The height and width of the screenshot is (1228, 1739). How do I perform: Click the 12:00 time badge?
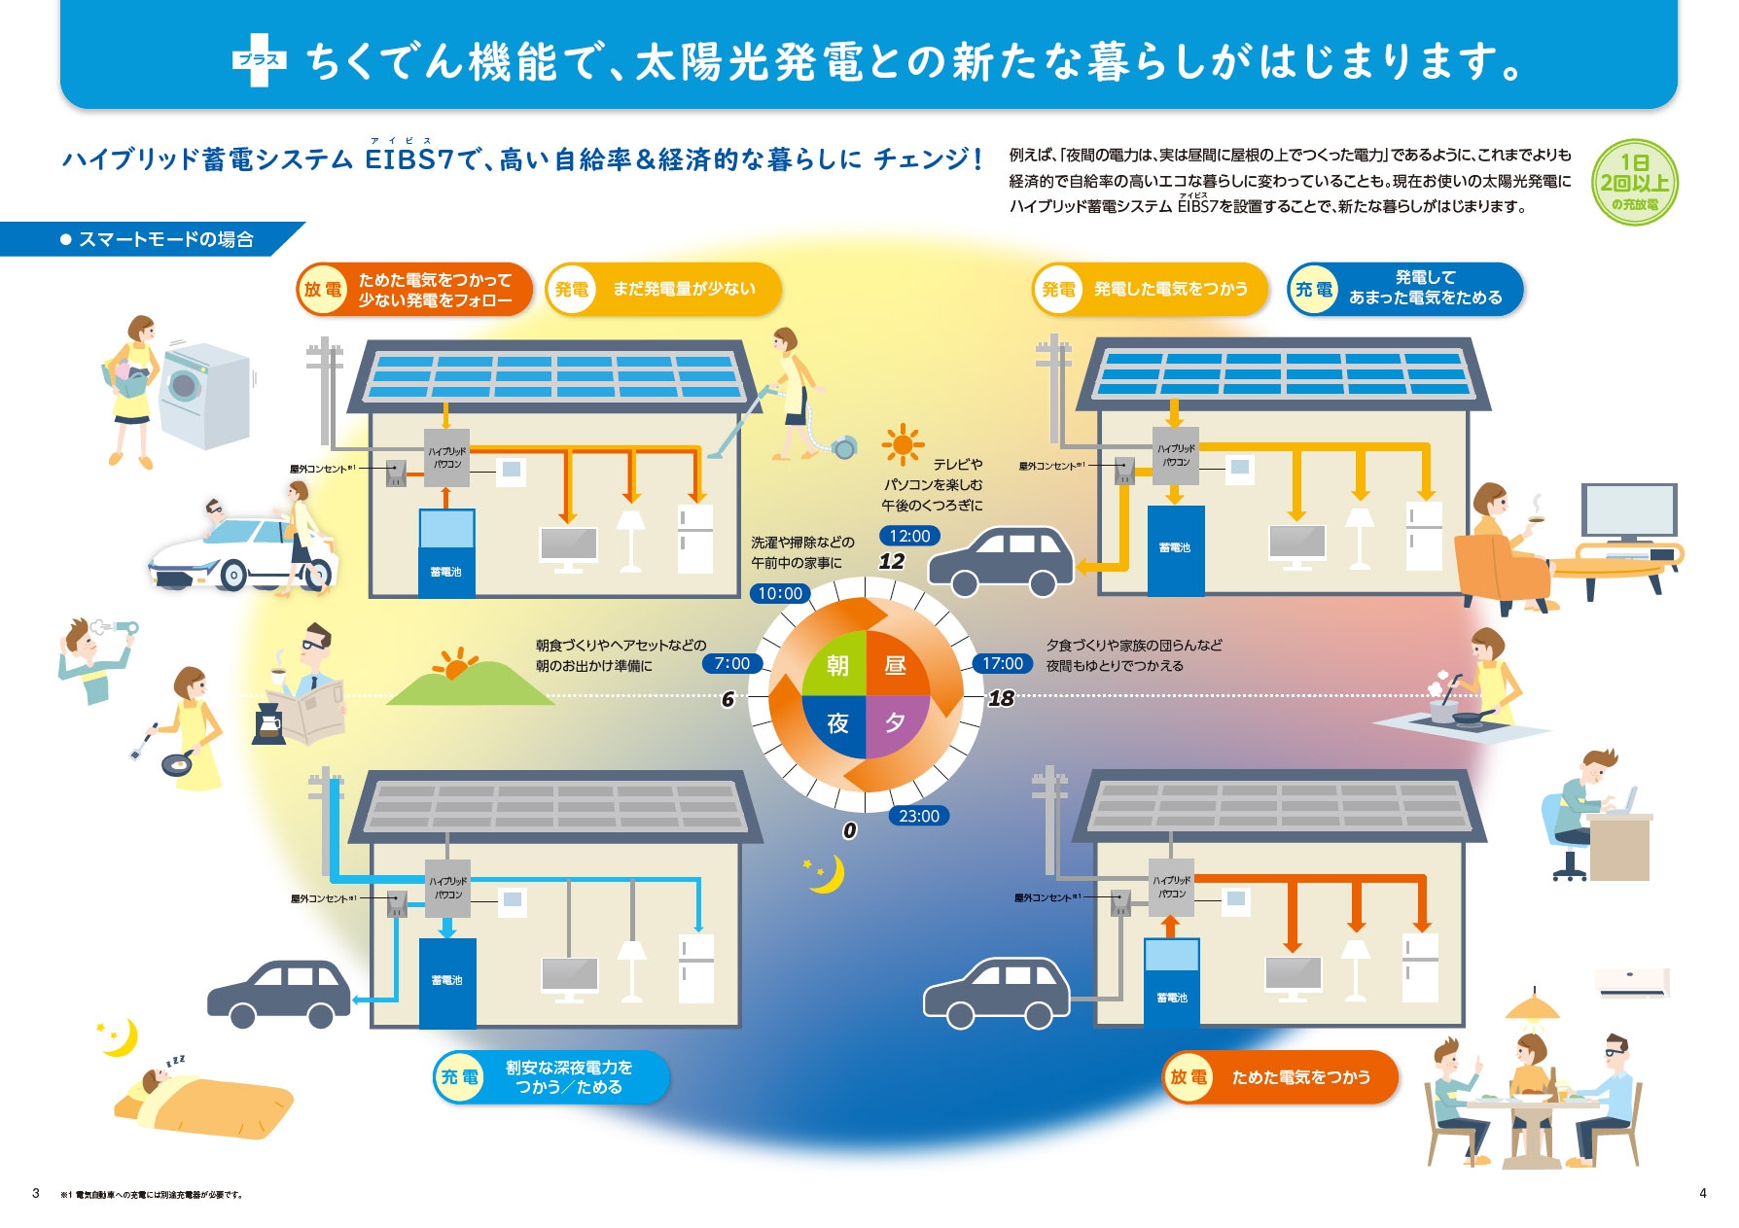coord(909,536)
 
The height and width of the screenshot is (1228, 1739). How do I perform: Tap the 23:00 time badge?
coord(918,816)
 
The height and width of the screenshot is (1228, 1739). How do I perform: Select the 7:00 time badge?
coord(731,663)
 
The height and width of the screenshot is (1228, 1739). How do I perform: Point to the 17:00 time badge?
coord(1002,663)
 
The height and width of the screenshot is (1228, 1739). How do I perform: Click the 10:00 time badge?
coord(780,593)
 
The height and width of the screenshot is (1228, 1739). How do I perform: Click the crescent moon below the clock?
coord(826,873)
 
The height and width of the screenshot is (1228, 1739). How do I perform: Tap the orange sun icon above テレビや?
coord(903,445)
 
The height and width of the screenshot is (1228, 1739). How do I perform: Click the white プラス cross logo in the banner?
coord(260,60)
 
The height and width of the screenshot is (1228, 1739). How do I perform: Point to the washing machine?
coord(204,394)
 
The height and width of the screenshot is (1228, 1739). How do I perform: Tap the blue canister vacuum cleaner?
coord(843,446)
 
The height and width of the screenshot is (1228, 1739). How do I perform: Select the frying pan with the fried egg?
coord(176,764)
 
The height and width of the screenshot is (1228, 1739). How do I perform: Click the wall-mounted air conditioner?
coord(1633,982)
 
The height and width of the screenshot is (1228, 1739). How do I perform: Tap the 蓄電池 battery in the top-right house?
coord(1175,549)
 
